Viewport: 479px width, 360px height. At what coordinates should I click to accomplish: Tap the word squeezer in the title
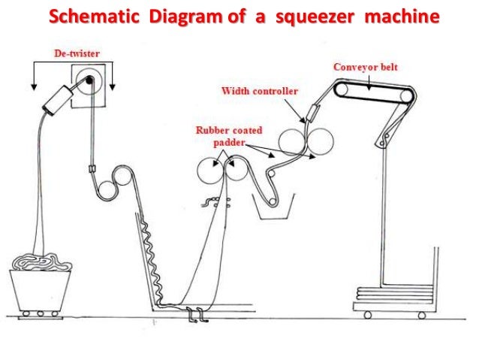(x=314, y=16)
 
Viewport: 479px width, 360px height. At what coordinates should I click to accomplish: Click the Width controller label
(x=260, y=91)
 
